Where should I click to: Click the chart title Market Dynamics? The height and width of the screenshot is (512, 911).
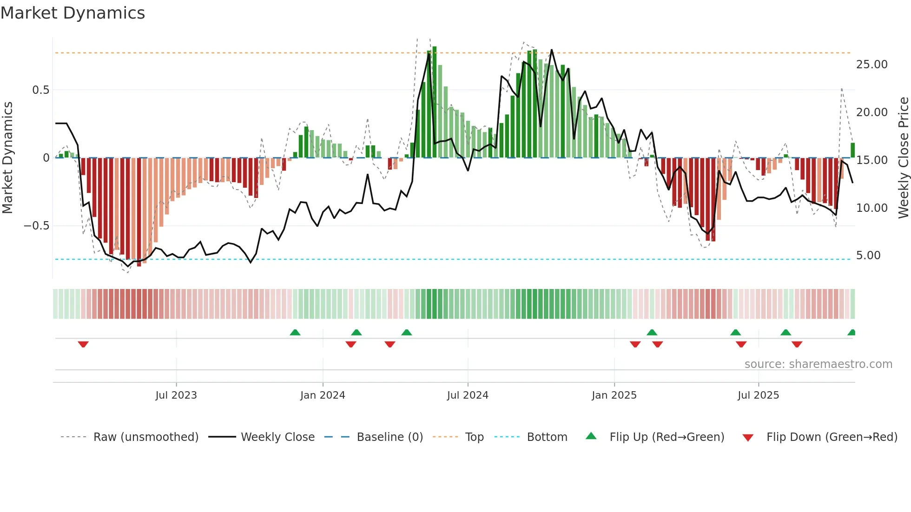click(73, 13)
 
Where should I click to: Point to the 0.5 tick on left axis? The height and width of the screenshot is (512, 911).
click(40, 90)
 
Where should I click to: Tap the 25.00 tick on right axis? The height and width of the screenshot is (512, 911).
click(871, 65)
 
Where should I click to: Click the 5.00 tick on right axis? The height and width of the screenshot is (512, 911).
click(868, 256)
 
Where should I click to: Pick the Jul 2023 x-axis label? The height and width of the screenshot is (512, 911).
click(176, 395)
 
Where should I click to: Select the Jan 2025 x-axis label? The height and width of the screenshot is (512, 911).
click(614, 395)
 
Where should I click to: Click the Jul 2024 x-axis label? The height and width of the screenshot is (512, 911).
click(468, 395)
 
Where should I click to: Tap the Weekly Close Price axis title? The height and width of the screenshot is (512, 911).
click(903, 158)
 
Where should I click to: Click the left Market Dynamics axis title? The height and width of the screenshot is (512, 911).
click(7, 158)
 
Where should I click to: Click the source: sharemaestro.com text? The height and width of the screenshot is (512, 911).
click(818, 364)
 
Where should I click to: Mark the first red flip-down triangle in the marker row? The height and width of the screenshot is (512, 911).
click(83, 344)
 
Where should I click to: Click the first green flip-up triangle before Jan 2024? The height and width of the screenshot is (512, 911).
click(295, 332)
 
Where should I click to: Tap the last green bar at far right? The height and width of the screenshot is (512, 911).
click(852, 150)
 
